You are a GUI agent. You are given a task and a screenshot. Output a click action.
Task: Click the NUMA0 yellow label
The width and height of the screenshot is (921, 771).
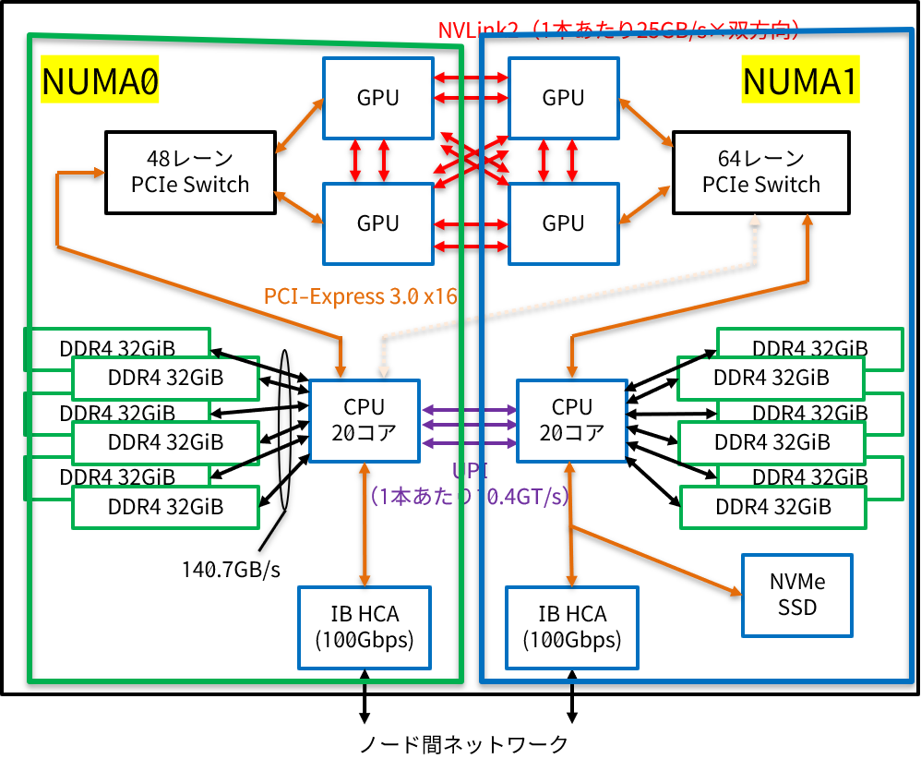100,82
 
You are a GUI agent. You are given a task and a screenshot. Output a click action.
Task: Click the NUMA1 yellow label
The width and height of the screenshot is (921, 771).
800,82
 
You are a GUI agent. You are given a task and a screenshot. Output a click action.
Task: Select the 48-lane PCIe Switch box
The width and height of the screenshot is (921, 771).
190,172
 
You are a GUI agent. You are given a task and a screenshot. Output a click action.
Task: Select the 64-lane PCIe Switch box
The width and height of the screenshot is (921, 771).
760,172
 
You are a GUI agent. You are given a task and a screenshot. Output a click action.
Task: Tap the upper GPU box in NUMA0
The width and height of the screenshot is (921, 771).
377,98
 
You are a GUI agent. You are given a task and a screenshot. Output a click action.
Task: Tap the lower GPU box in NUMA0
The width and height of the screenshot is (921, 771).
377,223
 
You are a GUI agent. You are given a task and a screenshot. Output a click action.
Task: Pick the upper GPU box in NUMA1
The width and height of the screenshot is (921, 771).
563,98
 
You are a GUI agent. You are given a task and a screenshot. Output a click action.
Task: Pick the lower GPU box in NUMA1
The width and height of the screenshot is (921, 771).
563,223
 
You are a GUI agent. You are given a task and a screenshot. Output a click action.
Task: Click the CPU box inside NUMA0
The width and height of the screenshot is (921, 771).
365,420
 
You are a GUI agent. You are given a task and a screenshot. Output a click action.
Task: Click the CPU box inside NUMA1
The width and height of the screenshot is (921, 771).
571,420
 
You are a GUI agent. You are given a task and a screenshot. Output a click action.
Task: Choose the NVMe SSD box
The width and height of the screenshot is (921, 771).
797,596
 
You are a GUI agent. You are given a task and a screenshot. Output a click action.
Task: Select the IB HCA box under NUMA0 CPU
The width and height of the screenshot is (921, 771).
365,627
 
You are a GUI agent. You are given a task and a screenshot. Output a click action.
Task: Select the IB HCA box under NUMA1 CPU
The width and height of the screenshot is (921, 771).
571,627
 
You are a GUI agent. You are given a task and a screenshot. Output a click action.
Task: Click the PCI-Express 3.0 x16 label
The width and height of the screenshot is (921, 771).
361,296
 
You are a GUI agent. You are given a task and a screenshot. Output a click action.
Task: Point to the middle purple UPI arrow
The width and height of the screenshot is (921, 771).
469,426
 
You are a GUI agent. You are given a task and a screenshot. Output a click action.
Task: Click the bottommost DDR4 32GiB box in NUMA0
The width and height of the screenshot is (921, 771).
165,506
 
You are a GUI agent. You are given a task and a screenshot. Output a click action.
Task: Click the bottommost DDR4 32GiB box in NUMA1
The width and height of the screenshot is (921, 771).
772,507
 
